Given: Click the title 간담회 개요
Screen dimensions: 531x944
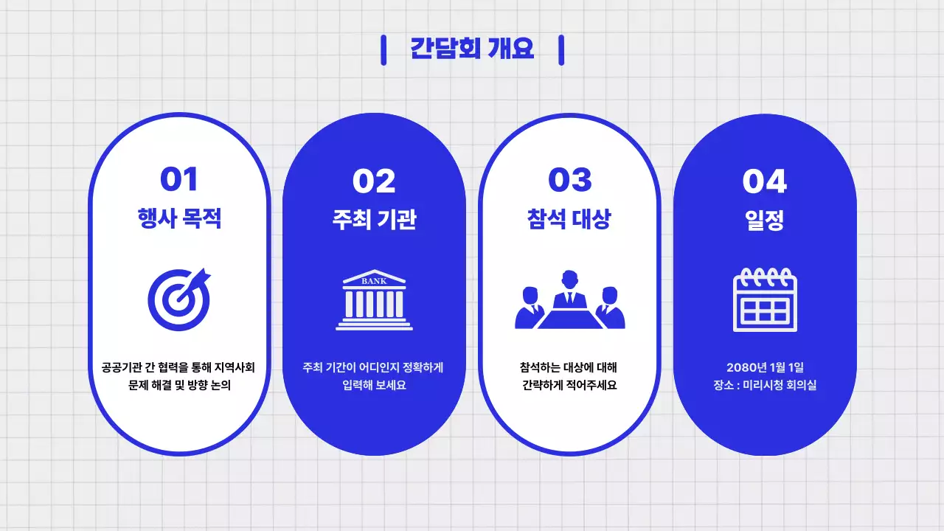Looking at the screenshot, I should click(x=472, y=49).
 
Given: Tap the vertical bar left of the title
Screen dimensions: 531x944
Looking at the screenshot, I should click(x=383, y=49).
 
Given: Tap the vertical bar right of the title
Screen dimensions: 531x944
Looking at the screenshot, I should click(x=561, y=49).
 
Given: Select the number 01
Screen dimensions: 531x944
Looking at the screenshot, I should click(x=179, y=180).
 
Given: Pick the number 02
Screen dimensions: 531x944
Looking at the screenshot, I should click(x=374, y=181).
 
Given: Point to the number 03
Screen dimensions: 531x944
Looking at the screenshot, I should click(x=569, y=180).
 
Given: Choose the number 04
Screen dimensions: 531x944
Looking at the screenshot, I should click(x=765, y=181).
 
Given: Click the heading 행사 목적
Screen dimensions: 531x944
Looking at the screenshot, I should click(x=179, y=219).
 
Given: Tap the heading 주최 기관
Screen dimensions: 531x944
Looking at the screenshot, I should click(x=374, y=220).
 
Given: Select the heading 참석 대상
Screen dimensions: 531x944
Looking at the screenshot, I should click(x=569, y=219).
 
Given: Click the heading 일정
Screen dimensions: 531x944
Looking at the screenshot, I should click(x=765, y=220).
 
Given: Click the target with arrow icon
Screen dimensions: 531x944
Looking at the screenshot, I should click(x=179, y=299).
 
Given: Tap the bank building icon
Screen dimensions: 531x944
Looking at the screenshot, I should click(x=374, y=300).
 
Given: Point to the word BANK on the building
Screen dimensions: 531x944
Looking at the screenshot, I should click(x=374, y=281).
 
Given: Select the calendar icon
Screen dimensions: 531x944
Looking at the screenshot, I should click(x=765, y=300).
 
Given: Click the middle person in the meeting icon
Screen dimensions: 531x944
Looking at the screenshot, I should click(x=569, y=289).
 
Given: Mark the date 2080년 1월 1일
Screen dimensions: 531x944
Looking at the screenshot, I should click(x=765, y=367).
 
